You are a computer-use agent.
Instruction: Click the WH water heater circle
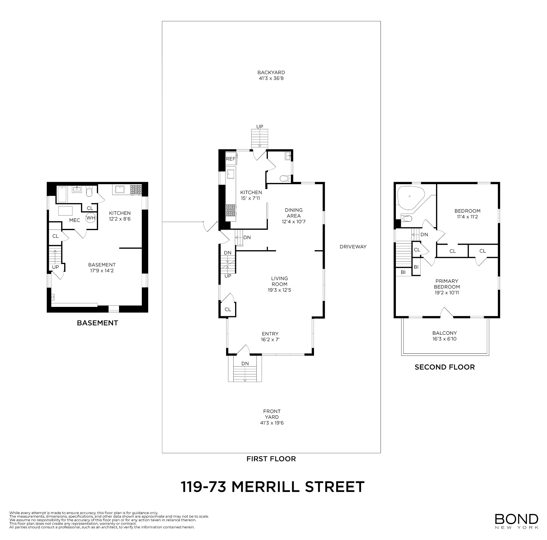(91, 218)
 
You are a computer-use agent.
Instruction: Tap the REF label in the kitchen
(230, 159)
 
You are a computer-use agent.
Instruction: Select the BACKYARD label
(271, 72)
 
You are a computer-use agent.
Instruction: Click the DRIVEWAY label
(353, 247)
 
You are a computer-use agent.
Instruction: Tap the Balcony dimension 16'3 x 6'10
(444, 339)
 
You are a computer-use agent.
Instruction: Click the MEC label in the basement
(74, 220)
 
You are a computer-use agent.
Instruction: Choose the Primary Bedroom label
(447, 284)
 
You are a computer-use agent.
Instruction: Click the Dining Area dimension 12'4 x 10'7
(293, 222)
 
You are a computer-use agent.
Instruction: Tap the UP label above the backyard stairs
(260, 127)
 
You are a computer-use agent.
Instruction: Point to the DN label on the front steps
(245, 363)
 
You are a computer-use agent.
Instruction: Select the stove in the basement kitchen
(136, 190)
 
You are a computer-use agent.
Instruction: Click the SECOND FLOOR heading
(444, 367)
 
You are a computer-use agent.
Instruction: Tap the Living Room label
(279, 281)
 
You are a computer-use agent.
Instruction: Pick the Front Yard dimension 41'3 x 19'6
(272, 423)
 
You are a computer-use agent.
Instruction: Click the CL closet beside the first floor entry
(228, 309)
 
